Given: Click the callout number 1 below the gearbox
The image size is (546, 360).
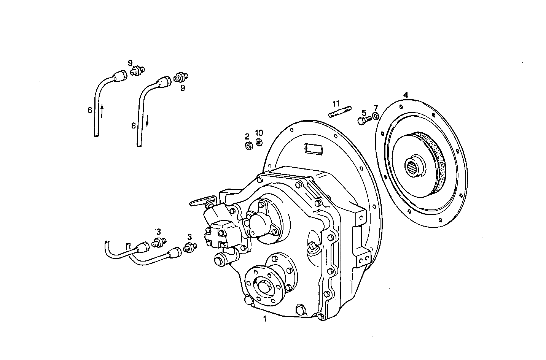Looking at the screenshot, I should pos(265,319).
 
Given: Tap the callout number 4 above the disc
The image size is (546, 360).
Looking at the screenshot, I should pos(406,94).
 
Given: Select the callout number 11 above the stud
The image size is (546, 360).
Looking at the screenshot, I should pos(335,103).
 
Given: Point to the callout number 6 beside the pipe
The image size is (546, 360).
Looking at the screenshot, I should pos(90,110).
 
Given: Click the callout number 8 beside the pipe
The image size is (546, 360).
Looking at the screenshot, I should pos(134,125).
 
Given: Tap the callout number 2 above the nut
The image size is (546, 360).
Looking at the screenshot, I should pos(247,136).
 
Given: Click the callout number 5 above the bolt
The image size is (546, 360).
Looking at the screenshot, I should pos(364,113).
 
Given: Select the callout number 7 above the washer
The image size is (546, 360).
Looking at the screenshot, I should pos(376,108).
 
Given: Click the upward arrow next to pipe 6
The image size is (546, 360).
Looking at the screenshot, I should pos(102,111).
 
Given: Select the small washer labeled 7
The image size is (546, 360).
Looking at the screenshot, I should pos(376,116).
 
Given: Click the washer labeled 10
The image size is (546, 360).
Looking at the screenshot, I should pos(259,143).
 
